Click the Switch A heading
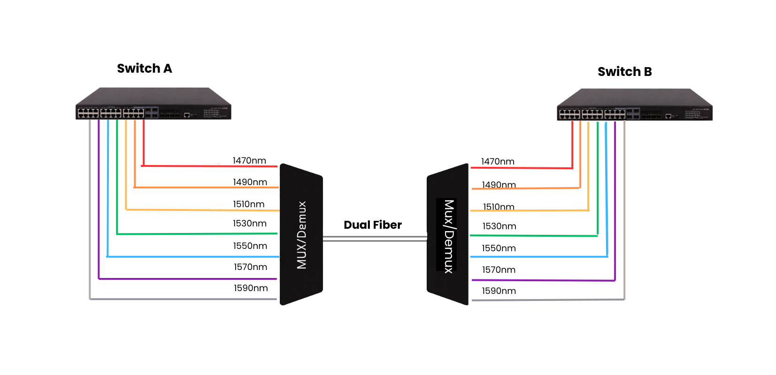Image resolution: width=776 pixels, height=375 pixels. point(144,68)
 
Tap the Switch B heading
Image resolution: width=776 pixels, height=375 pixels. point(624,72)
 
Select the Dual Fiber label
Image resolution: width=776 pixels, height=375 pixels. point(372,225)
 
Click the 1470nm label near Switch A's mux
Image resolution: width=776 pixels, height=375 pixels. point(249,161)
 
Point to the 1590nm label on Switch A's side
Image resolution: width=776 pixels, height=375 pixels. point(251,288)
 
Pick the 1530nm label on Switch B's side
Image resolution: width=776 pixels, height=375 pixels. point(499,226)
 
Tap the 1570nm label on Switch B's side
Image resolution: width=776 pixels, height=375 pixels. point(499,270)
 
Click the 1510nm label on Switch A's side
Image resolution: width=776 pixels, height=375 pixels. point(249,204)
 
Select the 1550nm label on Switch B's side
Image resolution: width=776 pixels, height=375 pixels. point(499,248)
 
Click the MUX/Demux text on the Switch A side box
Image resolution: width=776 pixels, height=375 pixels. point(301,235)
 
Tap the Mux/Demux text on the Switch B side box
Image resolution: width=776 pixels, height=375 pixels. point(449,236)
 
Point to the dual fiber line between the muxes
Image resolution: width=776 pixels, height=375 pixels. point(375,239)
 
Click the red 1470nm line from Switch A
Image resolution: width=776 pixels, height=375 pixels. point(207,165)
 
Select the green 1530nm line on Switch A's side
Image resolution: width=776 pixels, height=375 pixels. point(197,233)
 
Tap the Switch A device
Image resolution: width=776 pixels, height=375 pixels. point(153,104)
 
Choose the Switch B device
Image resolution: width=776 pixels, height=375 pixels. point(634,105)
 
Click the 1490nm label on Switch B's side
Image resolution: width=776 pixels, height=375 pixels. point(499,185)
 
